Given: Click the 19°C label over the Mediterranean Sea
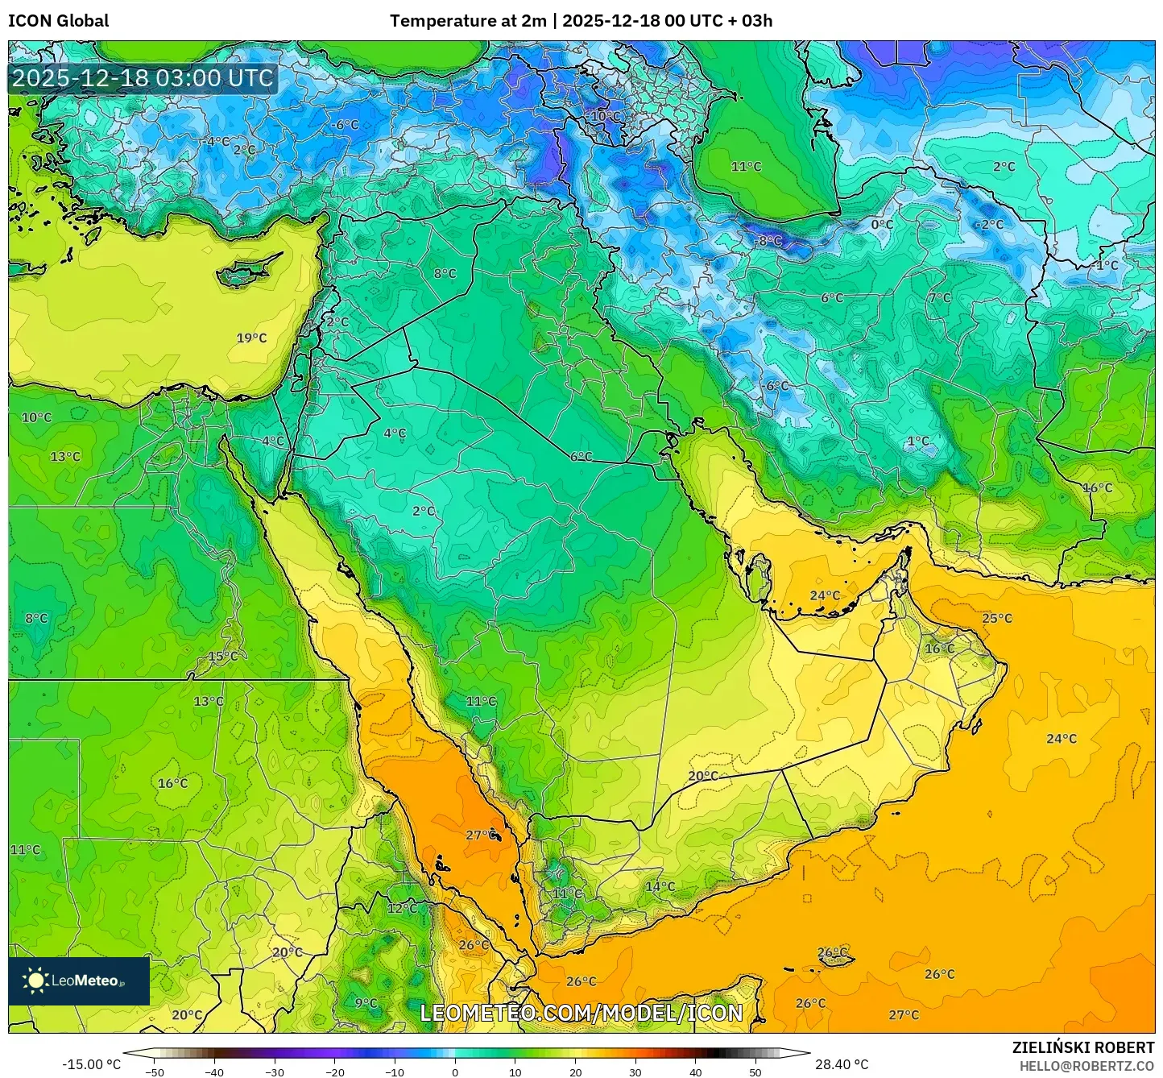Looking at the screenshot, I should click(x=251, y=338).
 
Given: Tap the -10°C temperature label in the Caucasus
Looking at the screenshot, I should click(x=605, y=116).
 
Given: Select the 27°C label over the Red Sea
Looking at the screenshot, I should click(x=481, y=835).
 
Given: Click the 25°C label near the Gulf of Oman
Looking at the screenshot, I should click(x=997, y=618).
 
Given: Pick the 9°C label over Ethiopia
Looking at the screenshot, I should click(x=366, y=1003).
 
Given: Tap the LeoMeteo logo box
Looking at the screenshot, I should click(x=79, y=981).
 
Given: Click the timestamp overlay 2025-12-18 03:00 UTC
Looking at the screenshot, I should click(x=143, y=78).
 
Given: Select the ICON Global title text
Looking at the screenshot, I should click(x=59, y=20).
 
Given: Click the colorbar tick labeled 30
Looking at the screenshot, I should click(x=635, y=1072).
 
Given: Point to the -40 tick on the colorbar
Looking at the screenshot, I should click(x=213, y=1072).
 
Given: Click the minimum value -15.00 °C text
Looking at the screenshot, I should click(x=91, y=1064).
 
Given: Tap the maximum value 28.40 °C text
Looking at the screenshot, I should click(x=842, y=1064).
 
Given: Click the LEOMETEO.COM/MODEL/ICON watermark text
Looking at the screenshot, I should click(x=581, y=1013).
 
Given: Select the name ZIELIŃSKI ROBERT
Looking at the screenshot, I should click(x=1082, y=1047).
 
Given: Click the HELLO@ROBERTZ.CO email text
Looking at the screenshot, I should click(x=1086, y=1065).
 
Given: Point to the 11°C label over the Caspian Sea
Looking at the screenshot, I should click(x=746, y=166).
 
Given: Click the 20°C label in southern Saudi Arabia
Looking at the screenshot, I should click(x=702, y=776).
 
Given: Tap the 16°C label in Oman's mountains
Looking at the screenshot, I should click(x=939, y=649).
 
